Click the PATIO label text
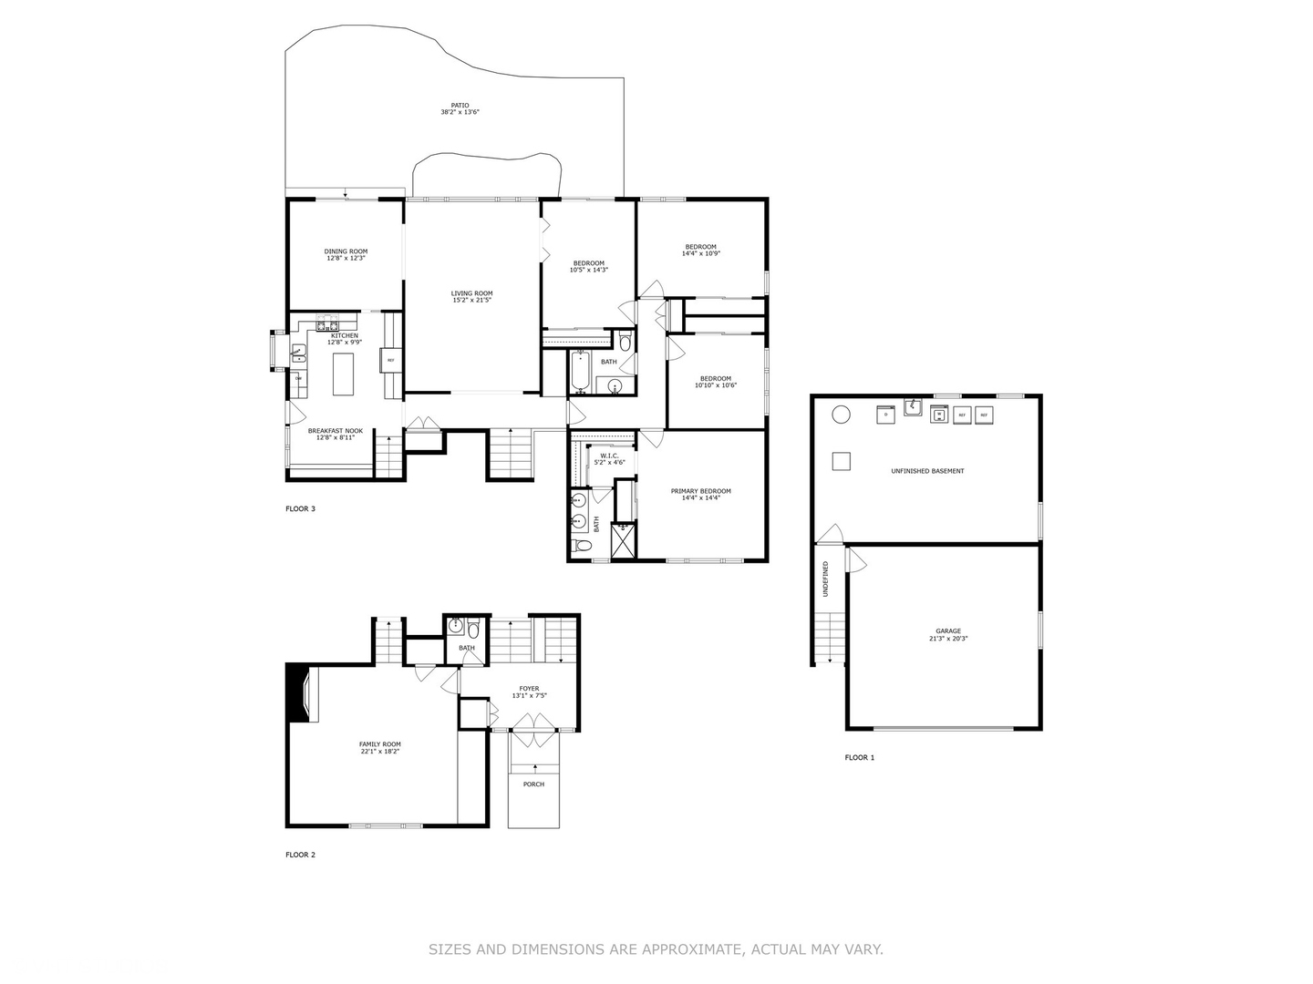coord(460,105)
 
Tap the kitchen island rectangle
coord(343,374)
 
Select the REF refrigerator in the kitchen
coord(391,360)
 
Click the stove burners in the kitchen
coord(326,324)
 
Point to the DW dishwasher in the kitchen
coord(298,378)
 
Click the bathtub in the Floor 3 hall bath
coord(580,371)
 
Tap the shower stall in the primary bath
coord(624,540)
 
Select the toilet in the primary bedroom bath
coord(582,546)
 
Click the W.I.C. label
coord(609,456)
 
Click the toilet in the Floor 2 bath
coord(473,628)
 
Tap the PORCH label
coord(533,784)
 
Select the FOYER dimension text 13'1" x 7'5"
coord(529,696)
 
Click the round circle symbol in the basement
coord(841,415)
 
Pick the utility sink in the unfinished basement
coord(914,407)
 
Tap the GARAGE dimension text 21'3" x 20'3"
coord(947,639)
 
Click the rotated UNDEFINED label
coord(825,579)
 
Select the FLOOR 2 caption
coord(300,855)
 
